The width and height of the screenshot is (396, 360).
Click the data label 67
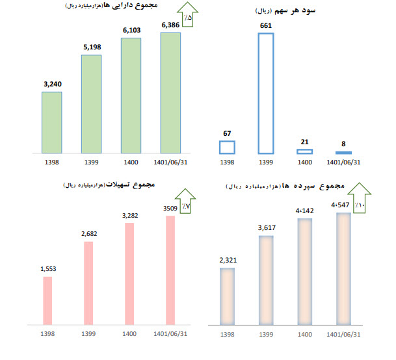coord(227,134)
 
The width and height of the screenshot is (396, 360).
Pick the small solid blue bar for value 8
coord(345,153)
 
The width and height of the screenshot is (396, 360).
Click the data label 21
coord(305,143)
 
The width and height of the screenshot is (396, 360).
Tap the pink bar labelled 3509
coord(171,270)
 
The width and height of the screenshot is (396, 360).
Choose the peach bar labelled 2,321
coord(227,296)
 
